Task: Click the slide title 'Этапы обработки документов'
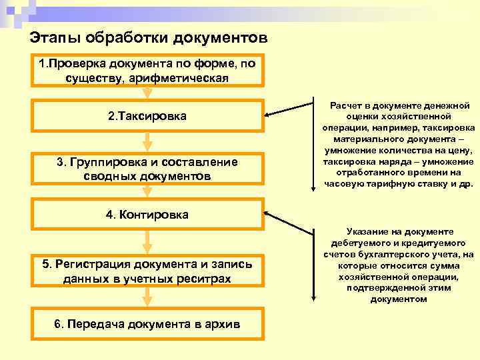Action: pos(149,37)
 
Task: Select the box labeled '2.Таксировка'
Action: pos(147,116)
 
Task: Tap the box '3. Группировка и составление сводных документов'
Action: pos(147,169)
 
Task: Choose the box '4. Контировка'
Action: pos(147,215)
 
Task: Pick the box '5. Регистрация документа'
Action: pos(147,271)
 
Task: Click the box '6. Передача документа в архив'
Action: pos(147,324)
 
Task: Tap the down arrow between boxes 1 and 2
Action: pos(148,93)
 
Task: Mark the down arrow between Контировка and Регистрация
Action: pos(148,241)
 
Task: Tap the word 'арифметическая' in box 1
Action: pos(193,78)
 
